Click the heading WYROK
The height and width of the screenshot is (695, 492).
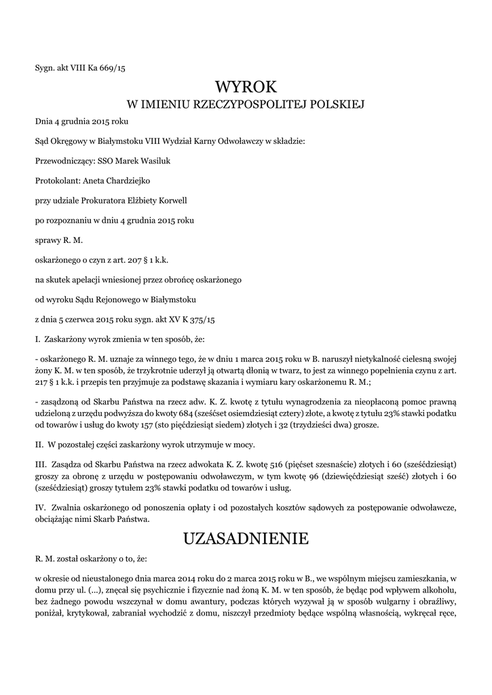tap(246, 87)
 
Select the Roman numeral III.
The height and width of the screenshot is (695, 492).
tap(40, 464)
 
